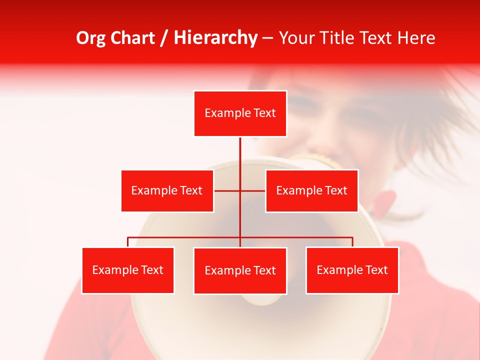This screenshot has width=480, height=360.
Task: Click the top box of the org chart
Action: click(240, 113)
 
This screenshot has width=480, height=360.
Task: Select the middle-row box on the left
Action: click(167, 190)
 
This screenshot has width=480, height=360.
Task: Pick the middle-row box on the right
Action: click(311, 190)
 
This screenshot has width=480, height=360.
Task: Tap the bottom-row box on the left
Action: click(127, 270)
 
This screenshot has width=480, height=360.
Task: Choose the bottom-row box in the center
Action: click(240, 270)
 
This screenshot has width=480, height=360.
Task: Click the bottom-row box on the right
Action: click(352, 270)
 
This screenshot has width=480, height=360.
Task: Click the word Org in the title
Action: click(90, 38)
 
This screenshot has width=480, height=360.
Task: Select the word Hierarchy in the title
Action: click(215, 38)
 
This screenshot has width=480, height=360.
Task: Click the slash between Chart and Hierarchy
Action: click(164, 38)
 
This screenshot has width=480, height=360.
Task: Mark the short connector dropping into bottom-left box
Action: click(127, 242)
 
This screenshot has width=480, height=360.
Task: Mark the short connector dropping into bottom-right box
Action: click(352, 242)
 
